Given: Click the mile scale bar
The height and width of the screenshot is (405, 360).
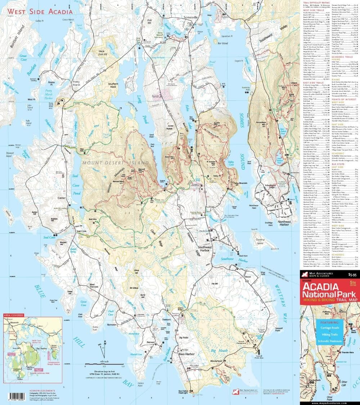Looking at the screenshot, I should [x=104, y=364].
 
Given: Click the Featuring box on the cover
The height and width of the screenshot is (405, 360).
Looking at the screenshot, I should [x=330, y=333].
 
